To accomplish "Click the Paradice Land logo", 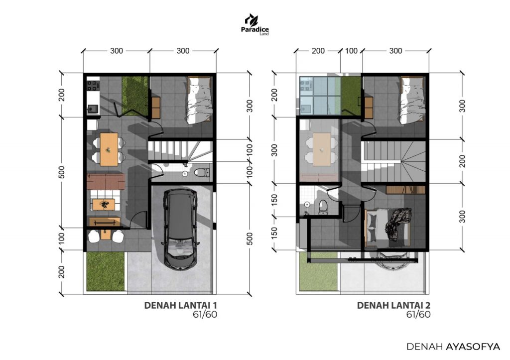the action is [255, 24].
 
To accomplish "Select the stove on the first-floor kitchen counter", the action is [93, 84].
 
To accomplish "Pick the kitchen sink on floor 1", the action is [92, 108].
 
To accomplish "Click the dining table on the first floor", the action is [109, 149].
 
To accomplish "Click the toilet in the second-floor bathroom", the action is [323, 207].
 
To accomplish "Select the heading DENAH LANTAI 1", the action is [180, 305].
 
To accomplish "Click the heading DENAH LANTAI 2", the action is [394, 305].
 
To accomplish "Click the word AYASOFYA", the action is [473, 347].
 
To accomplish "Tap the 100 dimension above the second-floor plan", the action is [351, 51].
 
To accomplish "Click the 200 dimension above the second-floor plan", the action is [318, 51].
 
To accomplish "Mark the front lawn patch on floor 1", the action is [106, 271].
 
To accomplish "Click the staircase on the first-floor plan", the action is [180, 151].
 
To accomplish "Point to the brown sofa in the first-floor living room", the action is [106, 181].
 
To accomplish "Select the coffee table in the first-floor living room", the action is [104, 205].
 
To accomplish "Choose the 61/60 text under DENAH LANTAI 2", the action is [418, 315].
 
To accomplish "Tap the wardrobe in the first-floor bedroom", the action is [156, 108].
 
